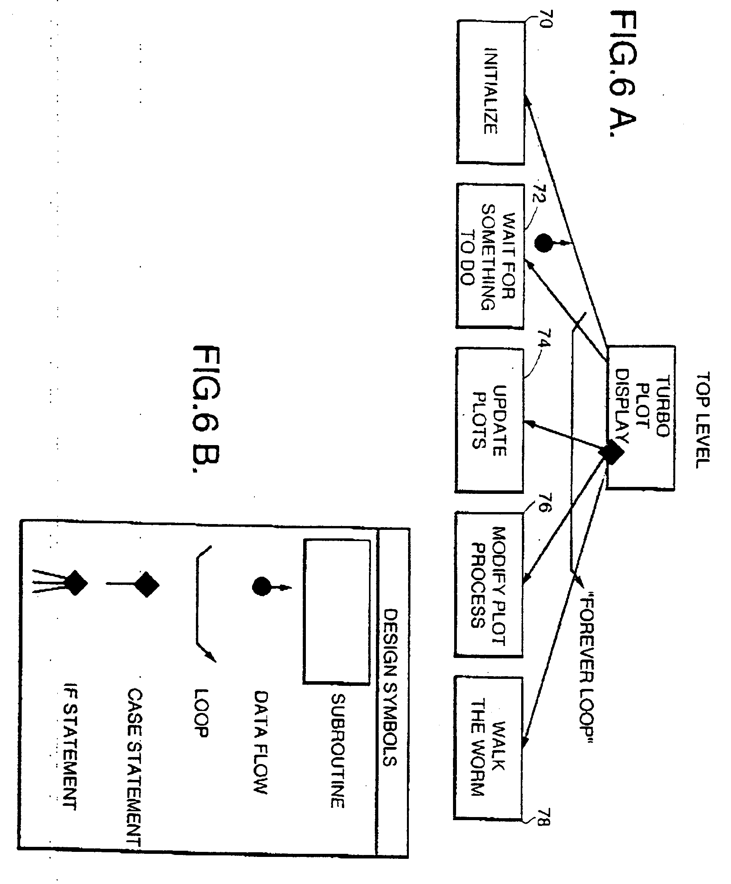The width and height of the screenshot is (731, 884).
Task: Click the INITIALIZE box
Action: tap(491, 92)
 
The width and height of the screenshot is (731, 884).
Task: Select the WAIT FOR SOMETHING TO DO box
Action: tap(490, 256)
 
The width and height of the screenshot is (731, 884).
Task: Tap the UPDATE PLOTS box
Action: tap(489, 420)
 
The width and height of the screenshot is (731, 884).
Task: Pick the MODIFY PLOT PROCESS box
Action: tap(489, 584)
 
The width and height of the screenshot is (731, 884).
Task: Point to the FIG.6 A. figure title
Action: tap(623, 74)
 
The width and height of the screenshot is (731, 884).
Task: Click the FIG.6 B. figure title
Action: tap(206, 408)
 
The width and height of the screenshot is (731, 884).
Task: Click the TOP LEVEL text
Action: tap(702, 420)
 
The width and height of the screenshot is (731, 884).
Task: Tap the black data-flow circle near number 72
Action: tap(543, 243)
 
